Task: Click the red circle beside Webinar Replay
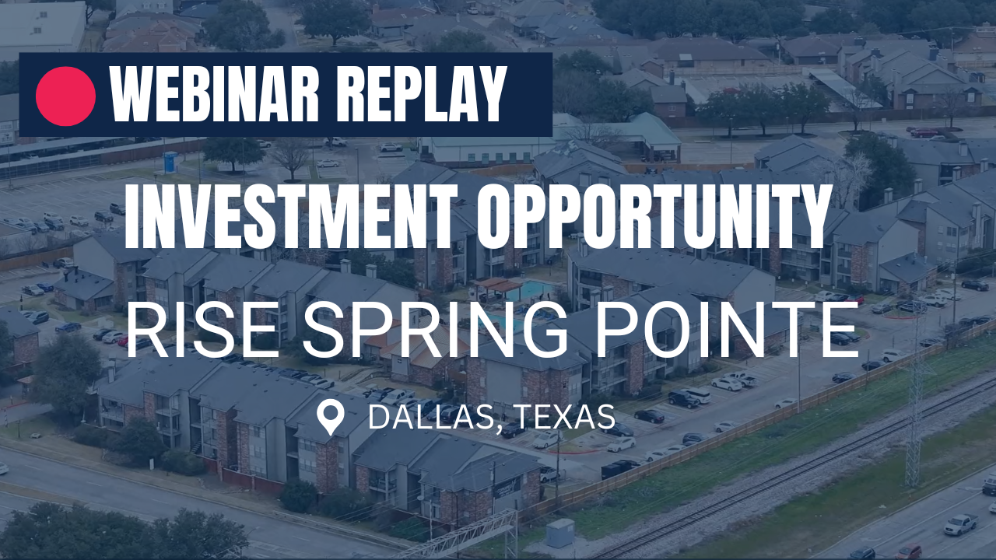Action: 66,96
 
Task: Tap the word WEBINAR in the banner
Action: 214,94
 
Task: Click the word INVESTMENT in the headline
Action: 290,216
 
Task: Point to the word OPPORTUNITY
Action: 651,216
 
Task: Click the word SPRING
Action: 434,329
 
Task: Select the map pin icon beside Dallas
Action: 331,418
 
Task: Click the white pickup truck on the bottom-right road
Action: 961,524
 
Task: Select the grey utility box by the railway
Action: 560,533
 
